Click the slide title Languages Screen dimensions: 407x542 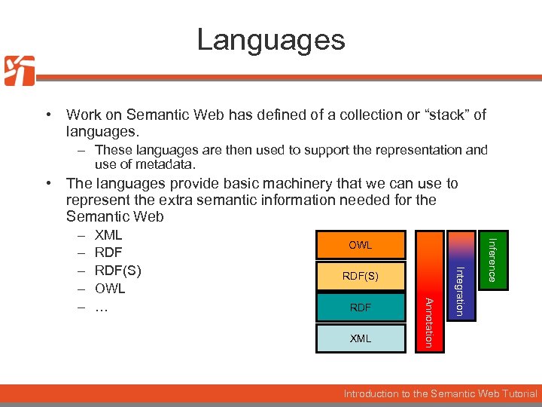271,39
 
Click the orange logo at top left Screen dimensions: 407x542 20,71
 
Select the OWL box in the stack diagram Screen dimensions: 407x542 360,246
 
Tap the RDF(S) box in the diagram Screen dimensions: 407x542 360,277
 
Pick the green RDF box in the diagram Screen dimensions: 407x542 360,308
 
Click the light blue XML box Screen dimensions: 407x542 360,338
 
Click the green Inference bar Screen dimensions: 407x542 491,260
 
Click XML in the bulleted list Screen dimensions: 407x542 108,235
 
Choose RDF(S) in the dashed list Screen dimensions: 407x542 117,271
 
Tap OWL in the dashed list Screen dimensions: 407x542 110,289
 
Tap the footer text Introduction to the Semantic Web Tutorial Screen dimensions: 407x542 440,393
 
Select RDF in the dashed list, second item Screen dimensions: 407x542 108,252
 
